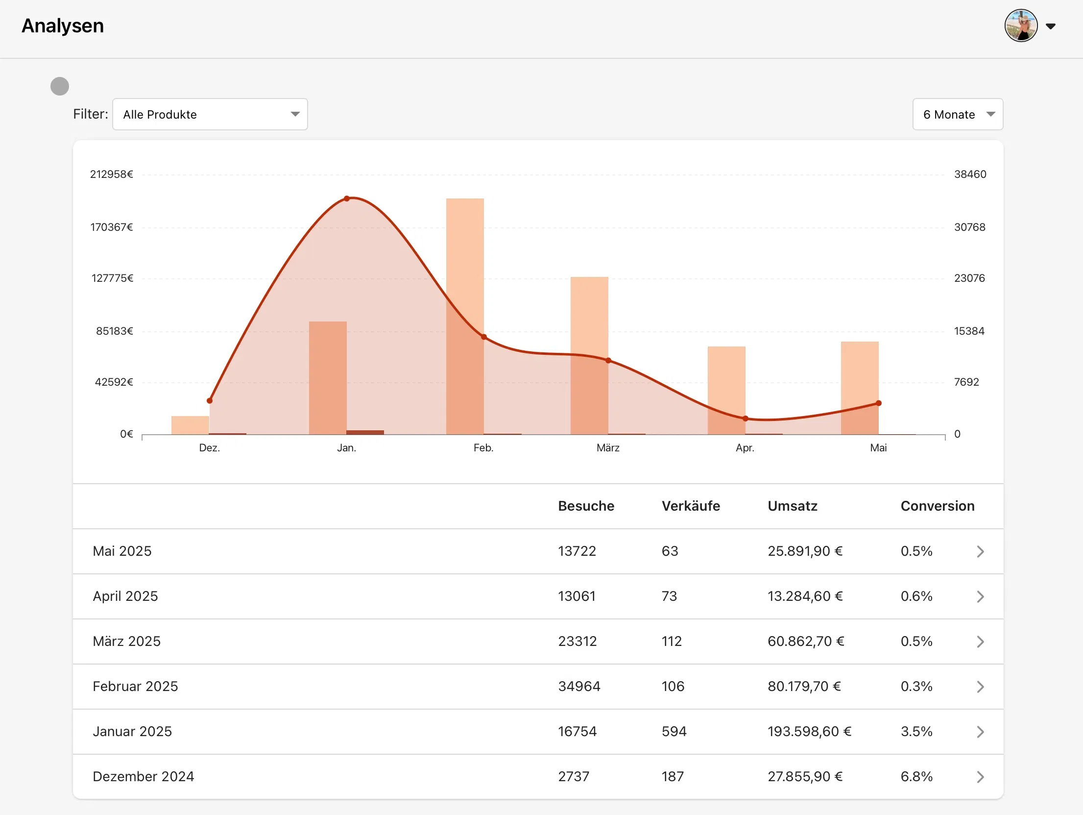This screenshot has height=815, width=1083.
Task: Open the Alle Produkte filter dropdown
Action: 210,114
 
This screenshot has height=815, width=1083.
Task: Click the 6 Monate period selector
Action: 958,114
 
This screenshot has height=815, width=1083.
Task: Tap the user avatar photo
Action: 1021,25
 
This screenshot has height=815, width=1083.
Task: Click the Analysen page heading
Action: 63,25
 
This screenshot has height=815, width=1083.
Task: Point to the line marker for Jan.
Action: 347,198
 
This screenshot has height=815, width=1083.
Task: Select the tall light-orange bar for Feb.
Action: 465,316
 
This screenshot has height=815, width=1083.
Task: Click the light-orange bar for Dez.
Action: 190,425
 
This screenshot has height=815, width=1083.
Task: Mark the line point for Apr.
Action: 746,419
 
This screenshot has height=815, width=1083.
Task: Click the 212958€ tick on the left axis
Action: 112,174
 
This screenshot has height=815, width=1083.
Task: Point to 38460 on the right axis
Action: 970,174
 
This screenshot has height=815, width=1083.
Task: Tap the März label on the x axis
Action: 608,448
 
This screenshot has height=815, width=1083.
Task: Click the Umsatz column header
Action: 793,506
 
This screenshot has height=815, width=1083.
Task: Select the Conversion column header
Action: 938,506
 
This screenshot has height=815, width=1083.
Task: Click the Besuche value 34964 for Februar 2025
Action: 579,686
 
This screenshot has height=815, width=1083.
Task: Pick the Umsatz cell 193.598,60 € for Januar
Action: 809,731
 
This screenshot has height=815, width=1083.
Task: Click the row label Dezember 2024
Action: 143,776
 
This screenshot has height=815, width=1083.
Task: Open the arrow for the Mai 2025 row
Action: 980,551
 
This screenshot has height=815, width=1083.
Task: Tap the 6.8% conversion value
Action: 916,776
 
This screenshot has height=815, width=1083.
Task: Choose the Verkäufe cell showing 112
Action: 672,641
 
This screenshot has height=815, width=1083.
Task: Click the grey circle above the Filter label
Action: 60,86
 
